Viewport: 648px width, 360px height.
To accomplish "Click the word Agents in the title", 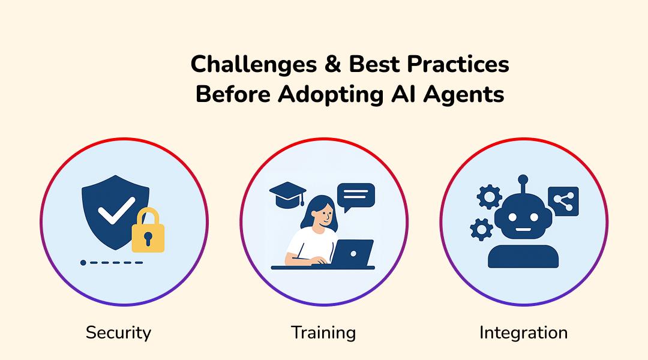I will pyautogui.click(x=467, y=95).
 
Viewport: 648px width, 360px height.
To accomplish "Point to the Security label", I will pyautogui.click(x=118, y=332).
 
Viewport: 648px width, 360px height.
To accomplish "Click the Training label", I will pyautogui.click(x=323, y=332).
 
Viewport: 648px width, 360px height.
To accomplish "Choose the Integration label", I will pyautogui.click(x=523, y=332).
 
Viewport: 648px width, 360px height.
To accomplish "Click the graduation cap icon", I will pyautogui.click(x=287, y=193).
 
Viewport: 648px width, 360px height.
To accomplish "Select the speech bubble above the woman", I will pyautogui.click(x=356, y=195).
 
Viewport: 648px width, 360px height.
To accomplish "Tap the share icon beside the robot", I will pyautogui.click(x=563, y=202).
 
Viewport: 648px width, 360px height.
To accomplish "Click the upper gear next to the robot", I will pyautogui.click(x=489, y=197).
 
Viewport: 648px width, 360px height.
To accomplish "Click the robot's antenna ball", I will pyautogui.click(x=523, y=179).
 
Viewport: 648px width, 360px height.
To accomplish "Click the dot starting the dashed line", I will pyautogui.click(x=83, y=263).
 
